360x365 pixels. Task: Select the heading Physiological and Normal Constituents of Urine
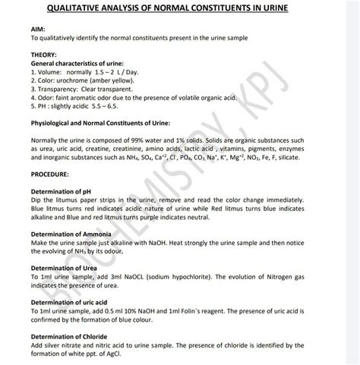tap(98, 123)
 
